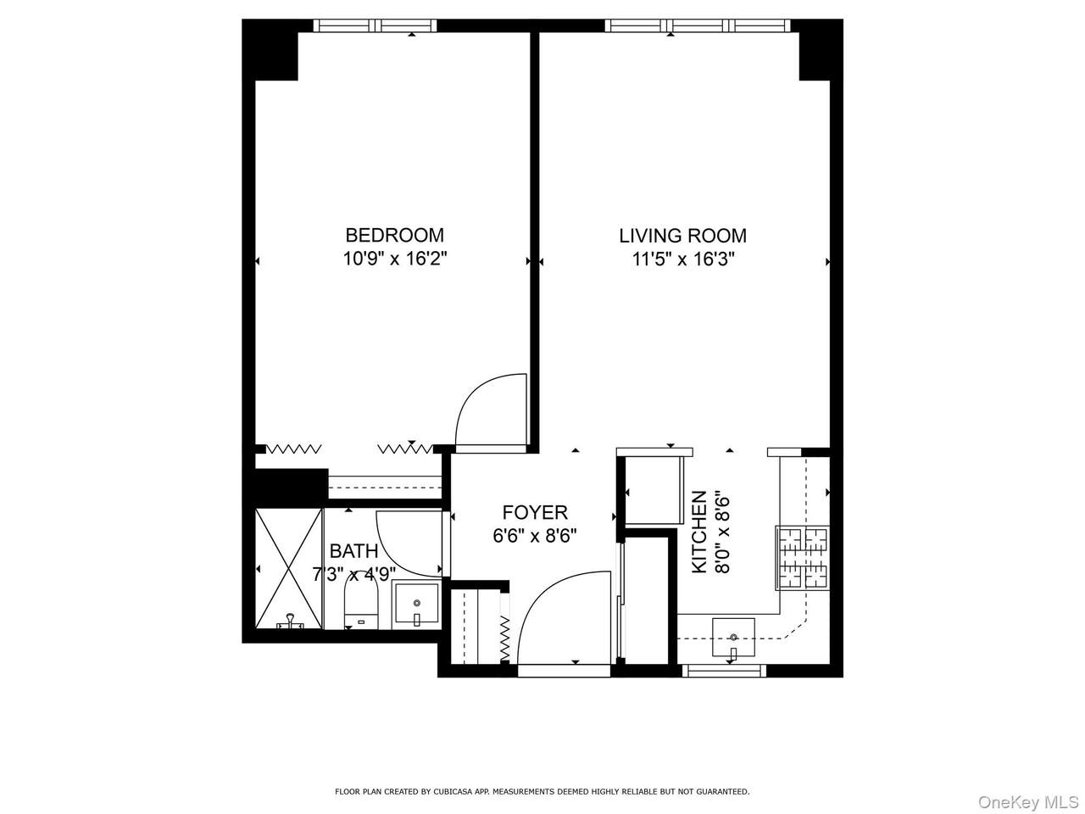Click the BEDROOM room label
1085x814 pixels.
[x=394, y=235]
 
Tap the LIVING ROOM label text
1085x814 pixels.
[x=682, y=237]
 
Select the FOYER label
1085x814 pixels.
[x=535, y=513]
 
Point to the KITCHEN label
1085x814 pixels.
[x=699, y=532]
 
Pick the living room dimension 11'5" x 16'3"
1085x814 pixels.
[x=683, y=259]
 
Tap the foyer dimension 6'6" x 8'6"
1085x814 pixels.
[x=535, y=536]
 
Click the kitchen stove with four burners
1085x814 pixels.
[x=803, y=558]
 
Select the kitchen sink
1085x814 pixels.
[x=733, y=638]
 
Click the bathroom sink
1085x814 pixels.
[x=416, y=604]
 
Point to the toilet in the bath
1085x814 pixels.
[x=361, y=605]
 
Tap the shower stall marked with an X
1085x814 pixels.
[x=289, y=568]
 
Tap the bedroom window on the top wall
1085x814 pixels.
[x=376, y=25]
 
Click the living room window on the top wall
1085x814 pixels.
[x=698, y=25]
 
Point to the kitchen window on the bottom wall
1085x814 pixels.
[x=724, y=670]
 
